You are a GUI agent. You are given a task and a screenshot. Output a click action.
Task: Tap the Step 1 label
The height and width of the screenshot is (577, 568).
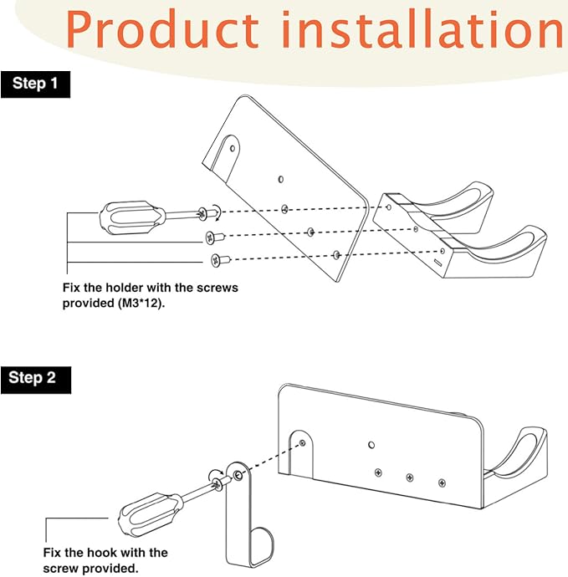(x=35, y=84)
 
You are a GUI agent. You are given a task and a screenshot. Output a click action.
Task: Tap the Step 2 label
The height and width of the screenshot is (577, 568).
(x=35, y=377)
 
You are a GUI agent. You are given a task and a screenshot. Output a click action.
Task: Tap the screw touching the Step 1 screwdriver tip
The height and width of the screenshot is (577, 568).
(x=203, y=212)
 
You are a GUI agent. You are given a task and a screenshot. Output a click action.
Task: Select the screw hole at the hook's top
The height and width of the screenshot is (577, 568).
(x=239, y=475)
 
